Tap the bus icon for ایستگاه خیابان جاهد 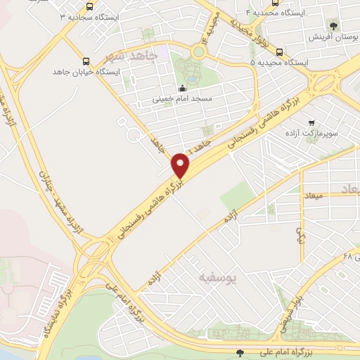click(x=86, y=61)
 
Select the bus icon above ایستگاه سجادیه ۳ click(x=89, y=5)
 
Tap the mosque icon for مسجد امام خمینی click(x=182, y=89)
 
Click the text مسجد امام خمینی click(x=176, y=99)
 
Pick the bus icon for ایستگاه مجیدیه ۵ click(x=280, y=51)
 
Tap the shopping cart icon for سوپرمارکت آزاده click(x=311, y=122)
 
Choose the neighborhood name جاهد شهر click(x=128, y=56)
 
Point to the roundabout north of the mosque click(x=201, y=51)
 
